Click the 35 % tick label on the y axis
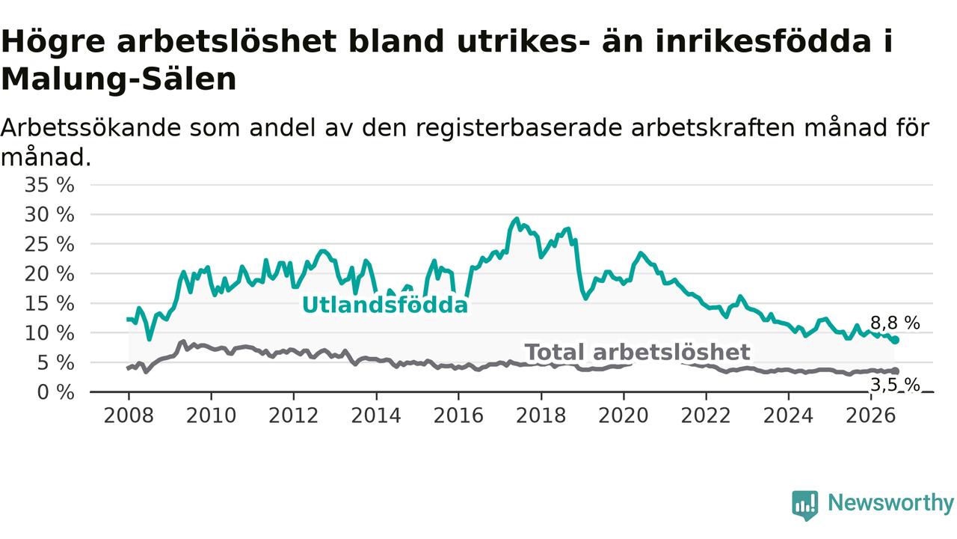49,185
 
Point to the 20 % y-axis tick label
49,274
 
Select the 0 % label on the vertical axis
55,392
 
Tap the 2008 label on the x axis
129,415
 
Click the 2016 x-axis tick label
458,415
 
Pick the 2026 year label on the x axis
871,415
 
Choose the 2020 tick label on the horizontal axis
624,415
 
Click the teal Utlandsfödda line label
385,305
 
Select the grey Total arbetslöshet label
637,352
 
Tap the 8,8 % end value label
895,323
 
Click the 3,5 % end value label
895,385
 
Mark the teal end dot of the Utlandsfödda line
895,340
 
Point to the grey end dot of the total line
895,371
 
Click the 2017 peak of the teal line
516,219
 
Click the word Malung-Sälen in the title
119,79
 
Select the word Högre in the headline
53,42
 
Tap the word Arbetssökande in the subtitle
90,127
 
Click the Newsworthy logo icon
805,505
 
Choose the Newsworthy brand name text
890,503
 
